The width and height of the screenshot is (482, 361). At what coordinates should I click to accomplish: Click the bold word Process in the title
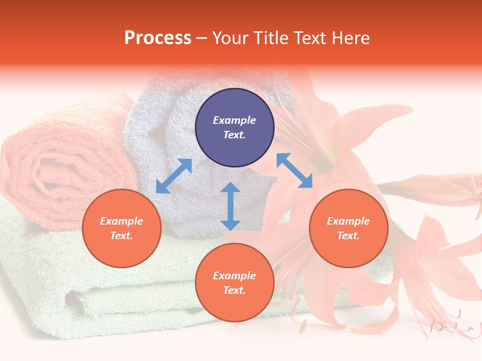[158, 38]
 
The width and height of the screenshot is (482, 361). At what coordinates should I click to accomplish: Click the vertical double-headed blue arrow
[230, 206]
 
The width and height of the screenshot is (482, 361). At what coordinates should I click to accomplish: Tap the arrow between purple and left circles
[174, 176]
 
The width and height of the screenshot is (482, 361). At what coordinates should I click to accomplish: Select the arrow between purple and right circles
[294, 170]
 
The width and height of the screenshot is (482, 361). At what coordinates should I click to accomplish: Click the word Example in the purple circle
[234, 120]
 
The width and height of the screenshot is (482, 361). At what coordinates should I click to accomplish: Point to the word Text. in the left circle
[122, 236]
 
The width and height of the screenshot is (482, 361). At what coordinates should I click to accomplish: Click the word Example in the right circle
[348, 221]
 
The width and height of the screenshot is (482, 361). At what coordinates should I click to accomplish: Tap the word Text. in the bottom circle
[234, 290]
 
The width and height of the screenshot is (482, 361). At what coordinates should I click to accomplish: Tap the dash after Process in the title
[201, 38]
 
